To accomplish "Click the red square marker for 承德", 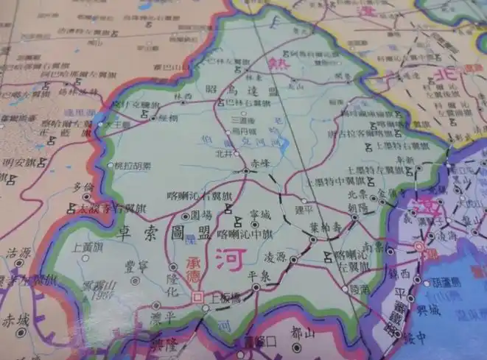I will (x=197, y=297).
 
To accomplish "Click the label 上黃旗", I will (x=88, y=247).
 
